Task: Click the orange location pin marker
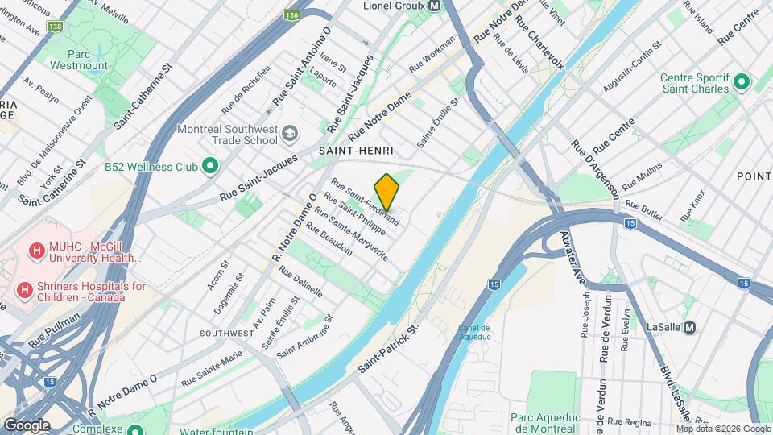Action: coord(386,192)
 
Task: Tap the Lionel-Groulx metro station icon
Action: coord(434,6)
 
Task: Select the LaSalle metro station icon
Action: coord(690,327)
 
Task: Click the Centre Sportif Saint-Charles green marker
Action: coord(740,83)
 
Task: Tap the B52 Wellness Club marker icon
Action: coord(210,167)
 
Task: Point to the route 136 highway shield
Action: coord(292,15)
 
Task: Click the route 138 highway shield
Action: coord(56,27)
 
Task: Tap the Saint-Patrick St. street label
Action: coord(390,348)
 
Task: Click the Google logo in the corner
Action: coord(27,425)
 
